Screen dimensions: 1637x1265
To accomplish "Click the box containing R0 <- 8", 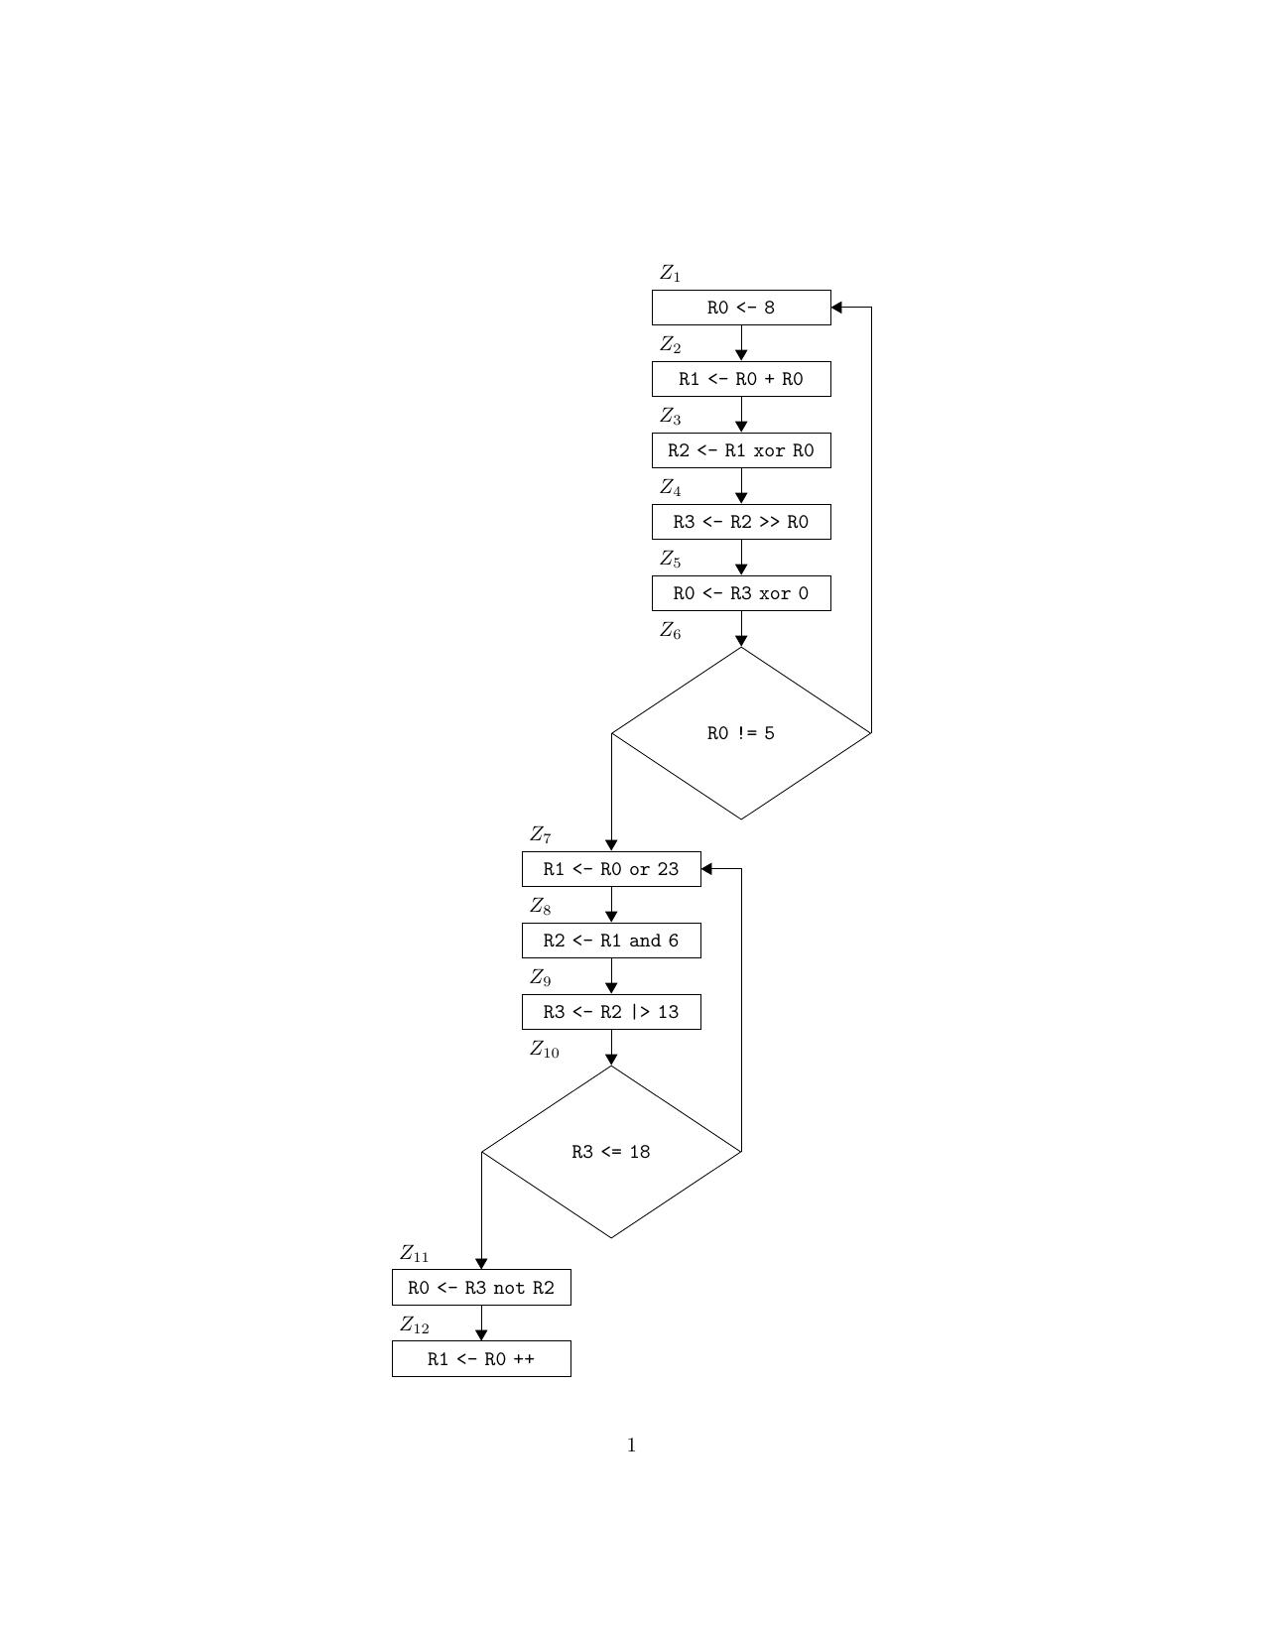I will point(740,308).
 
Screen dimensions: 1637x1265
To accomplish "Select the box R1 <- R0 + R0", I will point(740,379).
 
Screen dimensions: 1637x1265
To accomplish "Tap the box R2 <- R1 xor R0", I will point(740,450).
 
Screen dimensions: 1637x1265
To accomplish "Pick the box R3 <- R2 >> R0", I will point(740,522).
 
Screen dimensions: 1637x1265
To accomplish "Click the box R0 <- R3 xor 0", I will point(740,593).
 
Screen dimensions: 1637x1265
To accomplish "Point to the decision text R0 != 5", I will point(740,733).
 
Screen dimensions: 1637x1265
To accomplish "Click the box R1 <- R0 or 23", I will point(610,869).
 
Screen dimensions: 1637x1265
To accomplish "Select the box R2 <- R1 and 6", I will point(610,941).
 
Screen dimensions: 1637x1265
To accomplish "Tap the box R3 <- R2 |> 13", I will point(610,1012).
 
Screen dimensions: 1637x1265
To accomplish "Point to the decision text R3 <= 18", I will point(610,1152).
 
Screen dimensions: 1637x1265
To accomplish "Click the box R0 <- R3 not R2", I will point(481,1288).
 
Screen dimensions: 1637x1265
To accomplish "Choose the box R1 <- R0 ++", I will point(481,1359).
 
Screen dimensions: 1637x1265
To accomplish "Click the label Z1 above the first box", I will point(671,273).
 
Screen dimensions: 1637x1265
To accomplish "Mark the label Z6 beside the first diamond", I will point(671,631).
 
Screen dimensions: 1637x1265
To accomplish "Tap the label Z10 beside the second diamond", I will point(544,1050).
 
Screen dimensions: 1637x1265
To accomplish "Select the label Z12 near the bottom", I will point(414,1324).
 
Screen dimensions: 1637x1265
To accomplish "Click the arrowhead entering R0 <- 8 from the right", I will point(837,308).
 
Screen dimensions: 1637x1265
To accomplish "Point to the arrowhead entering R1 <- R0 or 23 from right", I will point(707,869).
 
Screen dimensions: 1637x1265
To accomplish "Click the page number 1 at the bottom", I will point(632,1446).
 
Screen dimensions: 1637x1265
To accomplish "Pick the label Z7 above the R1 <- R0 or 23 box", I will point(541,835).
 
